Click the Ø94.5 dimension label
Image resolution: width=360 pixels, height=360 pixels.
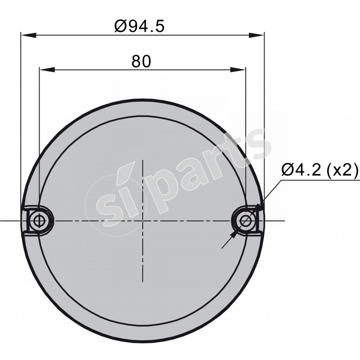[x=139, y=25]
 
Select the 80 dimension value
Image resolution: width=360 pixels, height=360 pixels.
[x=141, y=62]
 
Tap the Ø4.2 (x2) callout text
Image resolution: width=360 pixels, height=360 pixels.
[x=319, y=170]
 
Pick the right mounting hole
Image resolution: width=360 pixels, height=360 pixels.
[x=246, y=220]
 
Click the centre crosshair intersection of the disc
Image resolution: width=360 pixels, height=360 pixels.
[x=142, y=220]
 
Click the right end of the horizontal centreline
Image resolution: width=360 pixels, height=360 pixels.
[x=284, y=220]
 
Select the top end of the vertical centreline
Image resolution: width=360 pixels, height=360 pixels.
[x=142, y=160]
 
